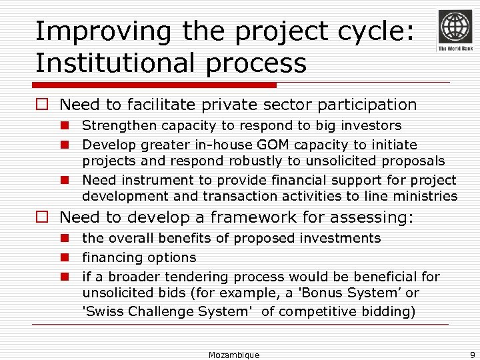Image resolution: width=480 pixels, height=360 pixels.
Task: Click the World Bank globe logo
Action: coord(454,27)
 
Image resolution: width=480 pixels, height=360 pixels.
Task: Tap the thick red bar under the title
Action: coord(155,85)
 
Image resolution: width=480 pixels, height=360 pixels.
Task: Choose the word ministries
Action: coord(427,196)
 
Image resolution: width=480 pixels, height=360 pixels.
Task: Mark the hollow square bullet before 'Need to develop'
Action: coord(43,217)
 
